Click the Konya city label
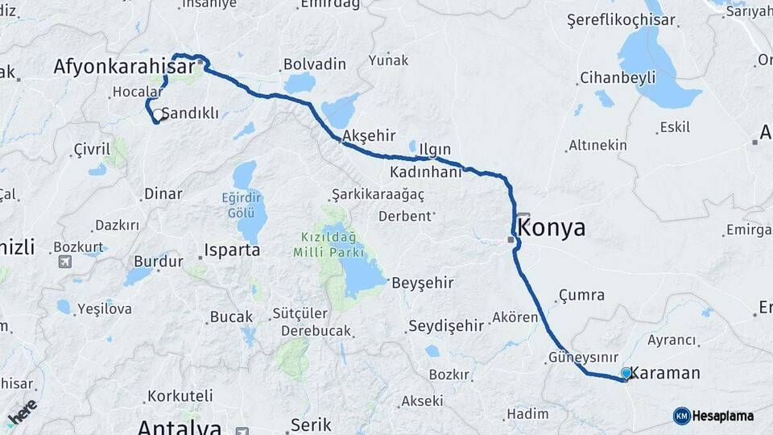tap(553, 228)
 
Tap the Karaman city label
tap(665, 373)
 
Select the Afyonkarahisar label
tap(125, 67)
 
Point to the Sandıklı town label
tap(190, 114)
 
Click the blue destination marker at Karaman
tap(626, 373)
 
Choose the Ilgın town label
tap(435, 150)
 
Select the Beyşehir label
tap(423, 283)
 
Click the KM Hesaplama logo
tap(714, 416)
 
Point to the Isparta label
tap(232, 250)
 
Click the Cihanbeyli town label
tap(618, 78)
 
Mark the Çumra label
tap(581, 295)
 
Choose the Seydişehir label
tap(447, 325)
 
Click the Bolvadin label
tap(315, 64)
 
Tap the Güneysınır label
tap(583, 357)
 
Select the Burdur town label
tap(153, 261)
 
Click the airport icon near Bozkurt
tap(64, 262)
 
